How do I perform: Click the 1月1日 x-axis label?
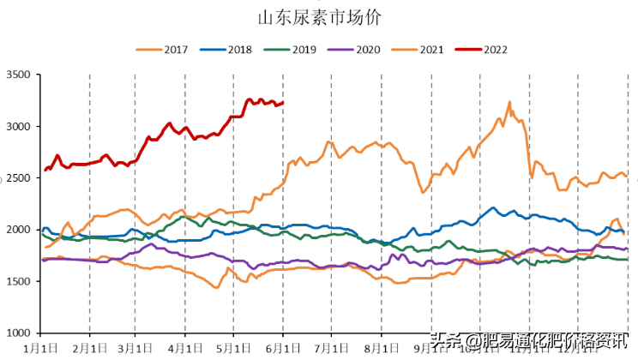pos(41,349)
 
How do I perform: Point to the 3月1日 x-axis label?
pos(137,349)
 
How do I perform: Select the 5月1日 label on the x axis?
pos(233,349)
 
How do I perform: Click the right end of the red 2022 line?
pos(283,103)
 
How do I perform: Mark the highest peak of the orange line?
pos(509,102)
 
